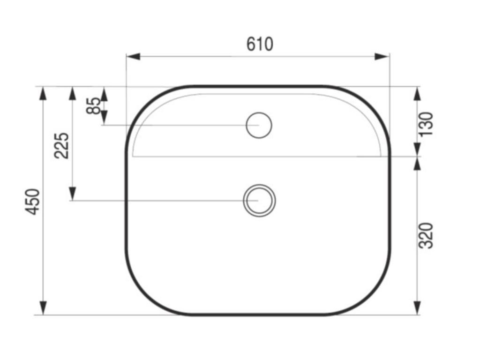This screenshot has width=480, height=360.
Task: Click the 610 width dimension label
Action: pyautogui.click(x=260, y=44)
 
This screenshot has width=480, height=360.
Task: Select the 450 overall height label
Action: pyautogui.click(x=32, y=202)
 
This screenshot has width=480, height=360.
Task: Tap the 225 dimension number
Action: pyautogui.click(x=61, y=145)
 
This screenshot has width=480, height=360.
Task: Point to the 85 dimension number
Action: pyautogui.click(x=93, y=105)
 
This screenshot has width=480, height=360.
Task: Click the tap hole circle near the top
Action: pyautogui.click(x=259, y=125)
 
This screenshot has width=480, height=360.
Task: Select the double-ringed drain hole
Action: pyautogui.click(x=259, y=201)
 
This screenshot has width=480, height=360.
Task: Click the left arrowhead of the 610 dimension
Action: pyautogui.click(x=134, y=57)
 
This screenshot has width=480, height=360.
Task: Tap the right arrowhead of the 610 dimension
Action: pyautogui.click(x=382, y=57)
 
